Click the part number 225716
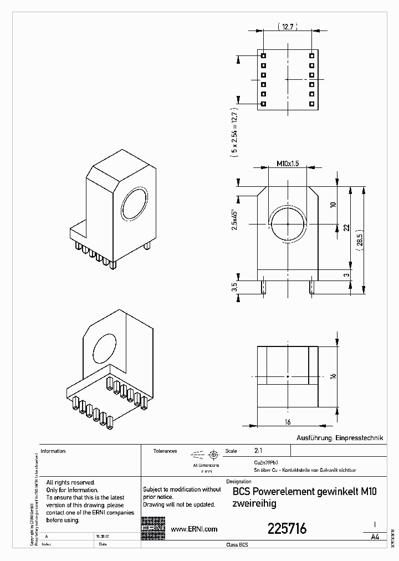click(x=287, y=529)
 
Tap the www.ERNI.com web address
click(x=193, y=529)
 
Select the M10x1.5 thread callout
click(x=288, y=164)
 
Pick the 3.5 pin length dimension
click(x=234, y=287)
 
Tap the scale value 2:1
click(x=259, y=451)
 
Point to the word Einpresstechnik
click(x=359, y=437)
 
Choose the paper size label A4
click(x=375, y=537)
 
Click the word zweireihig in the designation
click(x=254, y=504)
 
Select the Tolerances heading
click(x=165, y=451)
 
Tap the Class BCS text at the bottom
click(x=237, y=545)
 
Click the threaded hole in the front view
click(x=288, y=224)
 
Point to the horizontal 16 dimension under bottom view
click(x=288, y=422)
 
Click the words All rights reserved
click(x=70, y=483)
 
